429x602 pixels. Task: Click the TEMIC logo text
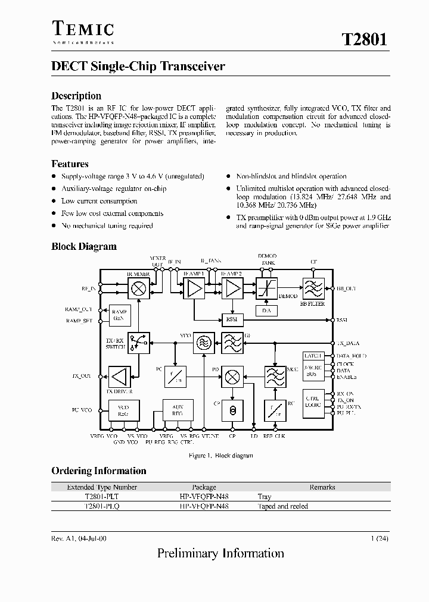point(83,29)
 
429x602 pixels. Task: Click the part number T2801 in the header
point(365,39)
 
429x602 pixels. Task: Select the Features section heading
point(70,164)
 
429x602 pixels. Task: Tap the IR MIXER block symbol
point(139,289)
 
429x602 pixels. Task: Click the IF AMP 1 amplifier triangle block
point(194,289)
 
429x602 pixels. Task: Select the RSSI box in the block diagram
point(231,319)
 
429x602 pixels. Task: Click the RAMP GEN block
point(119,315)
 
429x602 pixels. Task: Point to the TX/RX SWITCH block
point(138,343)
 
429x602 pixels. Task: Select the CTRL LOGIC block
point(313,402)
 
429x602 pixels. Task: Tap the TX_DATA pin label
point(348,343)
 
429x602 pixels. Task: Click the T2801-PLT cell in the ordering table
point(102,496)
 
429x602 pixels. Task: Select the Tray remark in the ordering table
point(265,496)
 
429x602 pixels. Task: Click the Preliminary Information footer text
point(220,553)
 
